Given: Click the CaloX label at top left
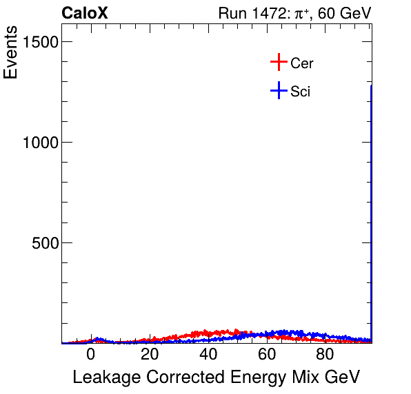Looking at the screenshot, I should coord(84,13).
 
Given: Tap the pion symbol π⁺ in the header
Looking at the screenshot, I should coord(301,13).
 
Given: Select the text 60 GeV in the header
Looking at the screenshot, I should coord(345,13).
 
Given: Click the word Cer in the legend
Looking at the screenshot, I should coord(302,63).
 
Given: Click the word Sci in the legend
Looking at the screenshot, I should coord(300,91).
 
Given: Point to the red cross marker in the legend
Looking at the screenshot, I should coord(278,63).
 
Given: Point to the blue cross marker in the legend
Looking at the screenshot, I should coord(278,90).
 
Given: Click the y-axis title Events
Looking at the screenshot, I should coord(11,54).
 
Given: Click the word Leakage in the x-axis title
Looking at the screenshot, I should coord(101,377).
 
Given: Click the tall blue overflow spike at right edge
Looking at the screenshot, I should coord(371,207).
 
